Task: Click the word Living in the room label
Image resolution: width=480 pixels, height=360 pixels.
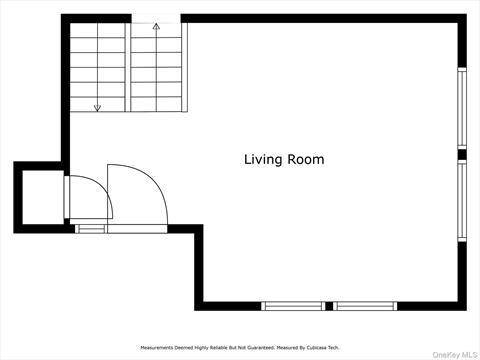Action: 263,160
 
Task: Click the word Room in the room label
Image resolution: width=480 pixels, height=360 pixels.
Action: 306,159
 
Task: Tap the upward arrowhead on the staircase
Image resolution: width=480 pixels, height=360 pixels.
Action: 156,26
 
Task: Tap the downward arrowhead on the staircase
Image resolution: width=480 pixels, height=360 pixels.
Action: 97,108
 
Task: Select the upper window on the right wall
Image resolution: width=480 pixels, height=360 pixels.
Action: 462,108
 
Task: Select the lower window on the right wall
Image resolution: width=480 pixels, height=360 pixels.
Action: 462,200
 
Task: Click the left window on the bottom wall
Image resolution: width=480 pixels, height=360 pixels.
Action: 293,306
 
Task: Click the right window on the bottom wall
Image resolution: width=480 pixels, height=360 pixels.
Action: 365,306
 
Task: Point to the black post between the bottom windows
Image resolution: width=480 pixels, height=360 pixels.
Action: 329,306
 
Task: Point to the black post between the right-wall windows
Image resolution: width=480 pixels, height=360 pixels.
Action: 462,155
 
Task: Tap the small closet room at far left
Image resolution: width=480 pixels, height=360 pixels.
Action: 43,197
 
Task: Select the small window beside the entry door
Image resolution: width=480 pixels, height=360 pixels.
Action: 90,229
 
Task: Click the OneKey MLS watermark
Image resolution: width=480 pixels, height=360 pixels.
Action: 455,355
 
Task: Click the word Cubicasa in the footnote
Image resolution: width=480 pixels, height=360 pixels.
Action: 317,348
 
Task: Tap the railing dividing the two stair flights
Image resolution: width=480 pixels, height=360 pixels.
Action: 128,67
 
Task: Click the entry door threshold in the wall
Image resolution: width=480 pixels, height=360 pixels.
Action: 137,229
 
